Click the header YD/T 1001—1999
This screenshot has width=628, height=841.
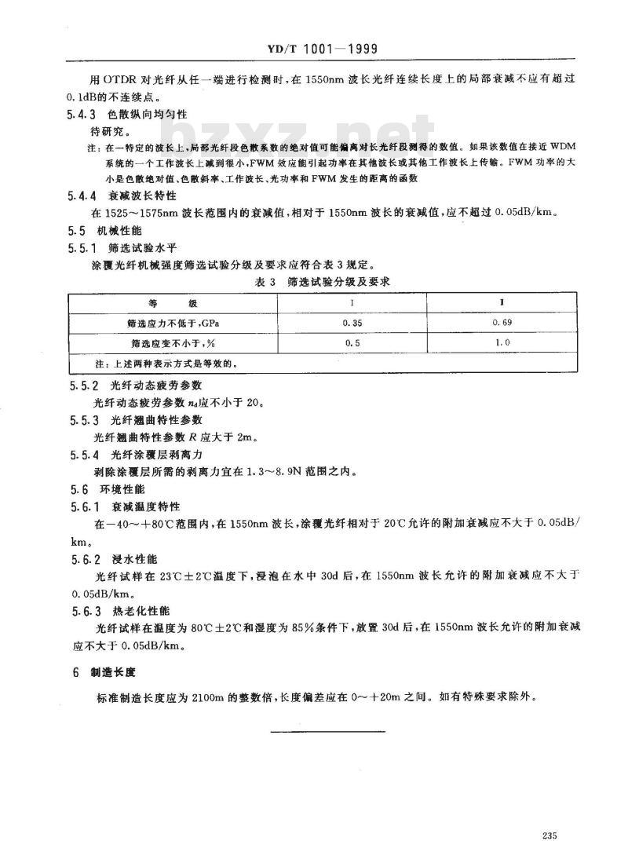click(x=313, y=49)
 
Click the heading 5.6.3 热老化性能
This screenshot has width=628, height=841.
click(x=126, y=609)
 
